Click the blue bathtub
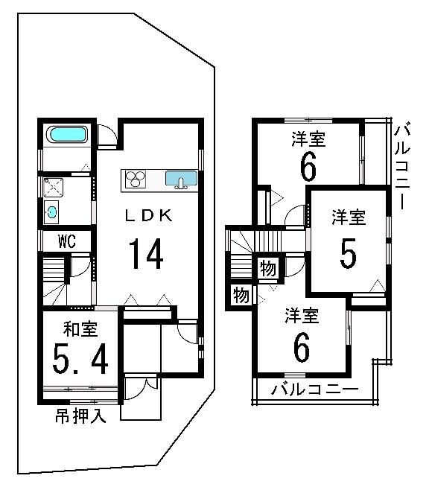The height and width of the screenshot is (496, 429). [68, 135]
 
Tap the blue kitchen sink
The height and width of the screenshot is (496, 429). [180, 179]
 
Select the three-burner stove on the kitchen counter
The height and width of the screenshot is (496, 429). [137, 179]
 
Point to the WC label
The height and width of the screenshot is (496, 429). [66, 241]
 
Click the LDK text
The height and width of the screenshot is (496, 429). [148, 216]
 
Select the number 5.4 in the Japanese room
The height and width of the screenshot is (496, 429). [81, 360]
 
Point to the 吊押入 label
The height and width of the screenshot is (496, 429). [80, 416]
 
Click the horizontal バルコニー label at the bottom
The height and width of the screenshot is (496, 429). [315, 389]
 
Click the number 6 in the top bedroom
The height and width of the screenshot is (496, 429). [308, 165]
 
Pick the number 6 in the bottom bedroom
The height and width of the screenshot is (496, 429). [301, 347]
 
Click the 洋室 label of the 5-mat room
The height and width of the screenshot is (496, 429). [348, 218]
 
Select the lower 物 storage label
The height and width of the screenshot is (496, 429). [241, 295]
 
